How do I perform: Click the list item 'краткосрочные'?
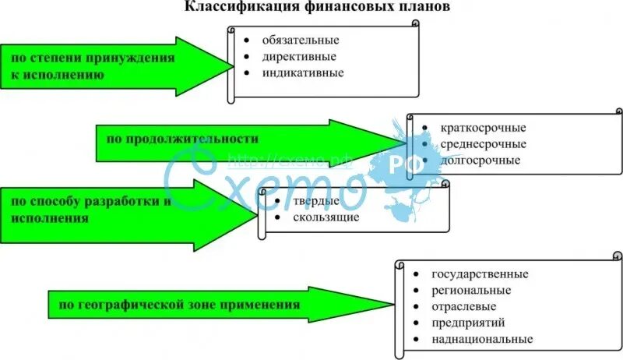coord(483,128)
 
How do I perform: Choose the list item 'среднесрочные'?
coord(483,144)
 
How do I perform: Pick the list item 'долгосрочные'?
coord(480,161)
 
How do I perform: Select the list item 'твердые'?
coord(316,201)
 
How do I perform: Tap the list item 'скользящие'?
coord(326,217)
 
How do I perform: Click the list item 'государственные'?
coord(480,274)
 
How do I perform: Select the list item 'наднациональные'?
coord(483,340)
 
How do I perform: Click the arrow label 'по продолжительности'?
coord(183,139)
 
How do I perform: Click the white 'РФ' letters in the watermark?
coord(404,165)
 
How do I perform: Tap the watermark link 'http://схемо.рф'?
coord(290,161)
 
